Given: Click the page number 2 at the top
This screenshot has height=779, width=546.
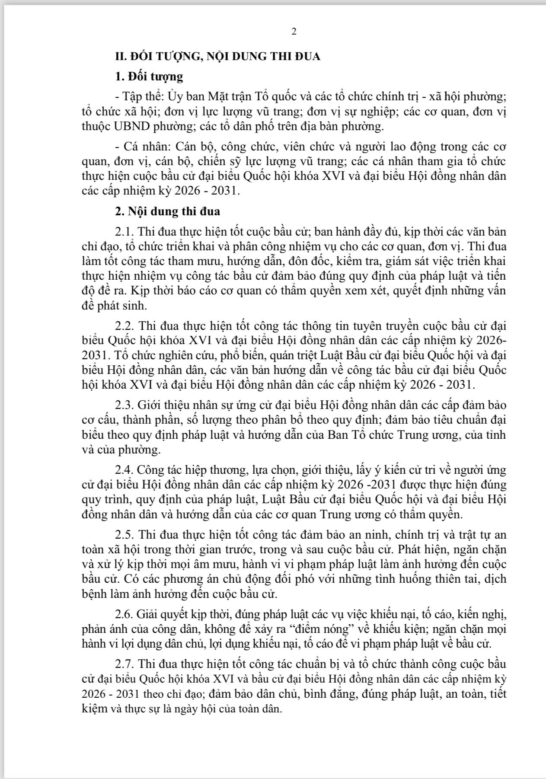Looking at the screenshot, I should click(294, 32).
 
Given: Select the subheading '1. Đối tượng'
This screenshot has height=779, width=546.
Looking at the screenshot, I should click(149, 77).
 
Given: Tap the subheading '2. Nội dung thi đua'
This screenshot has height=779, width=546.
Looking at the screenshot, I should click(167, 211).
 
